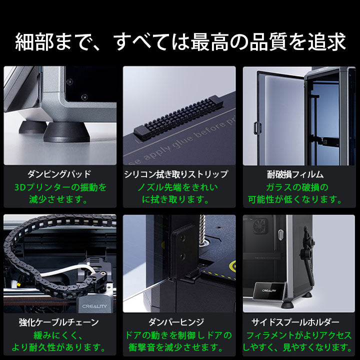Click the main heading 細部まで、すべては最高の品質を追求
(x=180, y=41)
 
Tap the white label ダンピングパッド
(x=59, y=174)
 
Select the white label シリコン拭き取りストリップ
(x=179, y=174)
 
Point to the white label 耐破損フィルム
(x=299, y=174)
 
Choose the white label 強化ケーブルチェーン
(x=59, y=322)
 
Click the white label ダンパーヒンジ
(x=179, y=322)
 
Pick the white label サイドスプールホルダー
(x=299, y=322)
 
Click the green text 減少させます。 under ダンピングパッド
(x=59, y=199)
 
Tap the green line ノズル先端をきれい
(x=179, y=187)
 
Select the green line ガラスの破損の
(x=299, y=187)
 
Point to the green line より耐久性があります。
(x=59, y=347)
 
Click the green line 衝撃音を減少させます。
(x=179, y=347)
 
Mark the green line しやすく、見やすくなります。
(x=299, y=347)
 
